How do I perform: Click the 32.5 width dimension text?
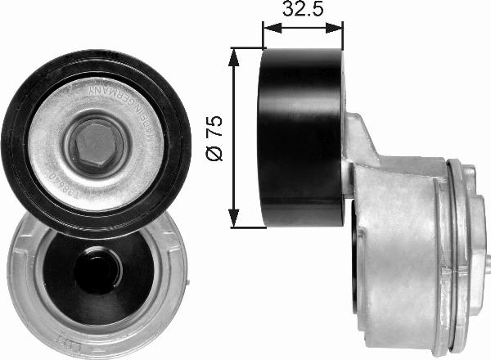pyautogui.click(x=302, y=11)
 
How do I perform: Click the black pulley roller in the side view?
pyautogui.click(x=301, y=137)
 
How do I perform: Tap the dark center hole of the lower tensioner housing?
pyautogui.click(x=97, y=270)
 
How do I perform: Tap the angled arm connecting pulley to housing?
pyautogui.click(x=360, y=155)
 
